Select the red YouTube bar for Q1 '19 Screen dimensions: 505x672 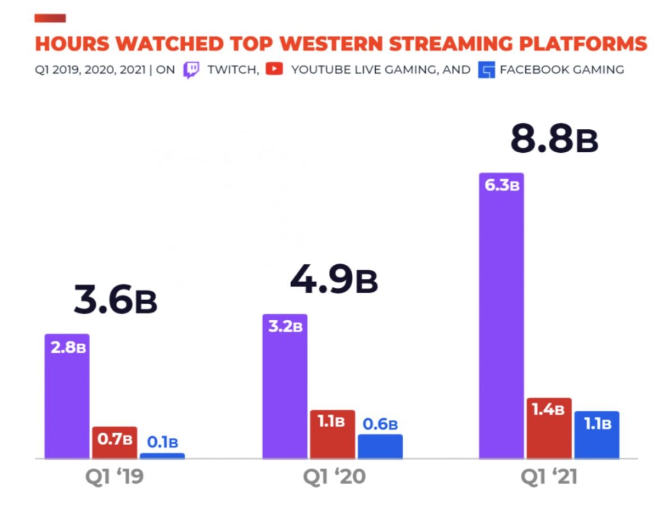point(114,442)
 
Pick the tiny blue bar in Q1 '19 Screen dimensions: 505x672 point(162,456)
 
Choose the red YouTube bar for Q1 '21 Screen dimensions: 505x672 point(549,428)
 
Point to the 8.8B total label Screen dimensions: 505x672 point(553,140)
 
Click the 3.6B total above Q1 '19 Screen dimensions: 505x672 point(115,300)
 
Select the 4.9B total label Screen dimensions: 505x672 point(334,280)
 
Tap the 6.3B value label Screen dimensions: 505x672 point(502,186)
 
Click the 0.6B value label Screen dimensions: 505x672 point(380,425)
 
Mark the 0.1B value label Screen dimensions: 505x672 point(162,442)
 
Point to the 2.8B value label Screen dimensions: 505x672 point(68,347)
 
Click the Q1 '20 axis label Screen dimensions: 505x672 point(334,476)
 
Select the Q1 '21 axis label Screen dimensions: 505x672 point(549,476)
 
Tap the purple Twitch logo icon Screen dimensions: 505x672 point(190,70)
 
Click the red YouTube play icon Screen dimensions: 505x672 point(274,69)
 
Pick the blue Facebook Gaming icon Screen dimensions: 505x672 point(486,70)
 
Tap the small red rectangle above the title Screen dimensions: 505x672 point(50,18)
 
